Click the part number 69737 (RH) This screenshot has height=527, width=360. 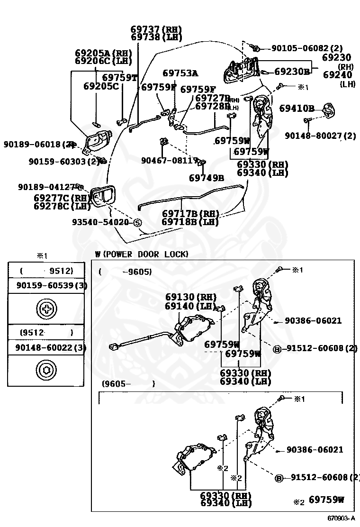pos(156,29)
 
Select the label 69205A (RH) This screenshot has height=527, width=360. pos(103,53)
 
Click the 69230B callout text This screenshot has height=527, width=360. pos(292,72)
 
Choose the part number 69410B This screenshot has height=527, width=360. pos(297,109)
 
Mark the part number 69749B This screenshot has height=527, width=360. pos(206,178)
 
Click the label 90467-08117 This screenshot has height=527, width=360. pos(169,161)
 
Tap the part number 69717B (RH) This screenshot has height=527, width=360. pos(190,214)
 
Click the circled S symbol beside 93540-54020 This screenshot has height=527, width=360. pos(137,222)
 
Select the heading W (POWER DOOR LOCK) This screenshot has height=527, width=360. pos(142,254)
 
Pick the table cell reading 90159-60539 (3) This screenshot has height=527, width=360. pos(46,285)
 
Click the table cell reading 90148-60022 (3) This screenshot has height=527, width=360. pos(46,347)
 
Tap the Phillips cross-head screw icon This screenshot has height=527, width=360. pos(46,309)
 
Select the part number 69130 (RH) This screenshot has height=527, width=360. pos(187,297)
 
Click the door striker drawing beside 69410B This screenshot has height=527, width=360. pos(328,110)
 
